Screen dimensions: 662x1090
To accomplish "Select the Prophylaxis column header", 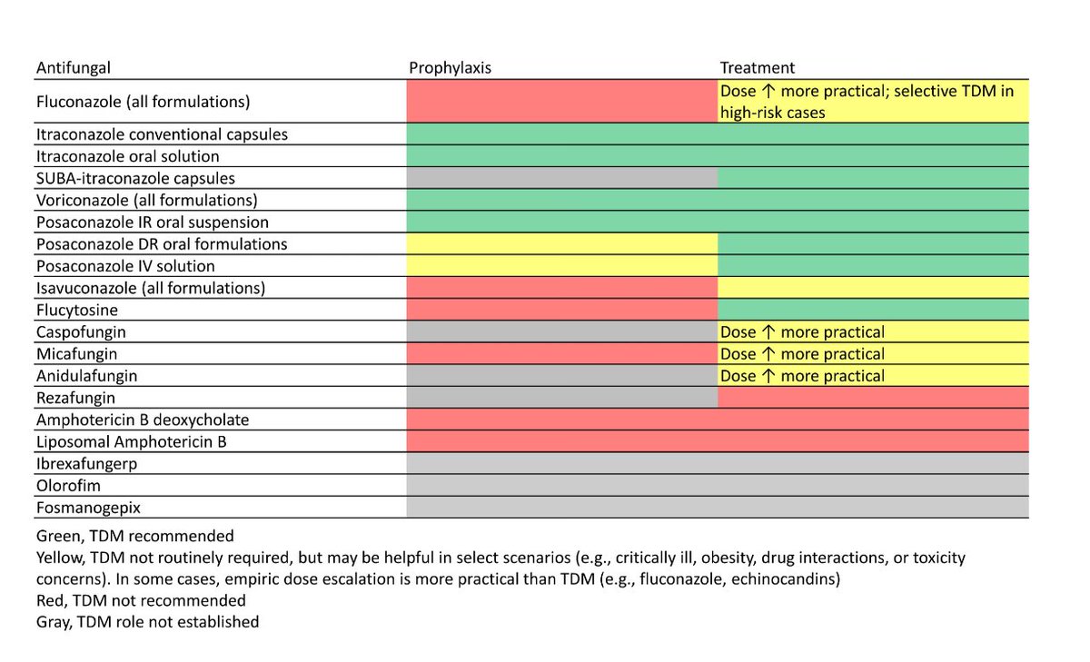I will pyautogui.click(x=451, y=68).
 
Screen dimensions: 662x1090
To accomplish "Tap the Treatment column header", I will pyautogui.click(x=757, y=68).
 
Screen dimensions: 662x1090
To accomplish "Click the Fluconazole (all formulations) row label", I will pyautogui.click(x=143, y=102).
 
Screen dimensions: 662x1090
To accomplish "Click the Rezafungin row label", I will pyautogui.click(x=75, y=398).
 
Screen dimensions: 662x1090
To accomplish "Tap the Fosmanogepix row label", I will pyautogui.click(x=88, y=508).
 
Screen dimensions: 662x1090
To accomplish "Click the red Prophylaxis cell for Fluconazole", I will pyautogui.click(x=561, y=102).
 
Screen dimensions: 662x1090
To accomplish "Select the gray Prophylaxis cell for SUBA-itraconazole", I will pyautogui.click(x=561, y=178).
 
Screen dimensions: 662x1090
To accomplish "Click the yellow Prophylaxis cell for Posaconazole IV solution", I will pyautogui.click(x=561, y=266).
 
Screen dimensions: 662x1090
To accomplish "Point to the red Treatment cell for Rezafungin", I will pyautogui.click(x=872, y=398).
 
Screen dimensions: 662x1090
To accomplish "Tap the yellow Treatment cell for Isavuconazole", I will pyautogui.click(x=872, y=288).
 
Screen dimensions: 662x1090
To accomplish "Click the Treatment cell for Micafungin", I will pyautogui.click(x=872, y=354).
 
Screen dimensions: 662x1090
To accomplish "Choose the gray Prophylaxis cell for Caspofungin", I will pyautogui.click(x=561, y=331).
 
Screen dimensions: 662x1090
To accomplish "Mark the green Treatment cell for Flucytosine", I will pyautogui.click(x=872, y=310).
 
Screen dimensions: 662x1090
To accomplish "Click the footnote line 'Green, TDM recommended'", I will pyautogui.click(x=134, y=536).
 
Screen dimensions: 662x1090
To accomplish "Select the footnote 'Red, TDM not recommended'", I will pyautogui.click(x=141, y=600).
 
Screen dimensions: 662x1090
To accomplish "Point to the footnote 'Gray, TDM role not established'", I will pyautogui.click(x=147, y=622).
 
